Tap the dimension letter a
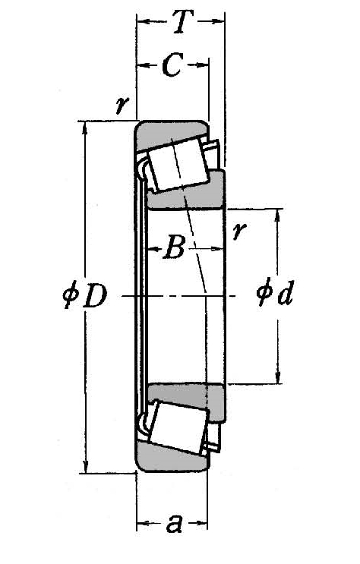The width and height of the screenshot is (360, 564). click(x=174, y=523)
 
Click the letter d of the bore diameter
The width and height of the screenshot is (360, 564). click(x=286, y=295)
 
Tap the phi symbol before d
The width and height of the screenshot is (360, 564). click(x=264, y=295)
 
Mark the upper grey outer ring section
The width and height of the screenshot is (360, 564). click(x=171, y=131)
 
